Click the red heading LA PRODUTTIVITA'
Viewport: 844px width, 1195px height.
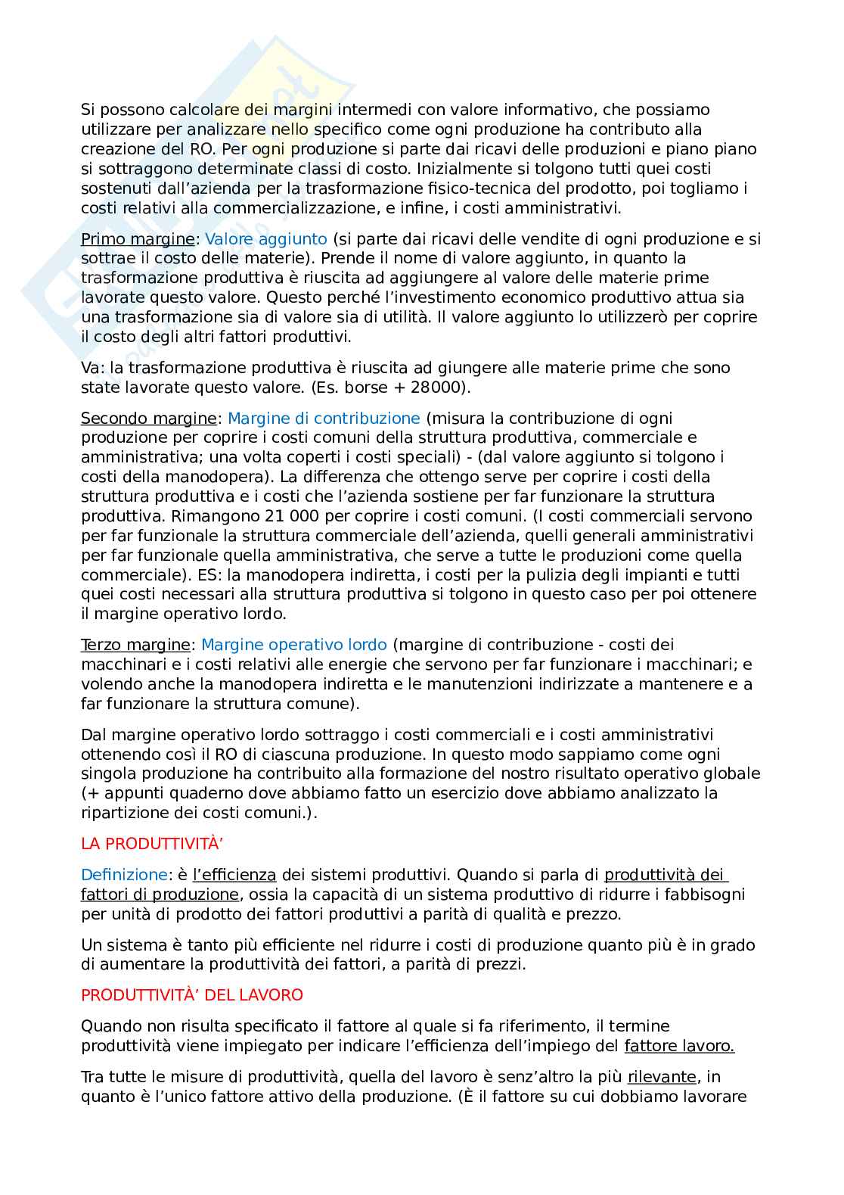(x=138, y=843)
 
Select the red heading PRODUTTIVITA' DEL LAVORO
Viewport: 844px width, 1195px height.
(x=191, y=994)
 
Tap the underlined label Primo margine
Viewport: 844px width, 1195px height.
(x=138, y=239)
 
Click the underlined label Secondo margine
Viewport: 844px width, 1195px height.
(x=148, y=418)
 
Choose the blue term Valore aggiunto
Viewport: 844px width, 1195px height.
(x=266, y=239)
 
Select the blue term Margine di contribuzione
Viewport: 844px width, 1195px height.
(x=324, y=418)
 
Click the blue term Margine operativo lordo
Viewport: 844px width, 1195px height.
(x=294, y=645)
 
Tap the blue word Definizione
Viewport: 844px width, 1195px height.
(x=124, y=875)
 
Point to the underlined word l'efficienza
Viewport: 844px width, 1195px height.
(x=234, y=875)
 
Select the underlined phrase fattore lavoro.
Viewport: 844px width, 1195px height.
(x=679, y=1046)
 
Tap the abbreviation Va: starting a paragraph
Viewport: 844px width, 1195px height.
(x=93, y=368)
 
